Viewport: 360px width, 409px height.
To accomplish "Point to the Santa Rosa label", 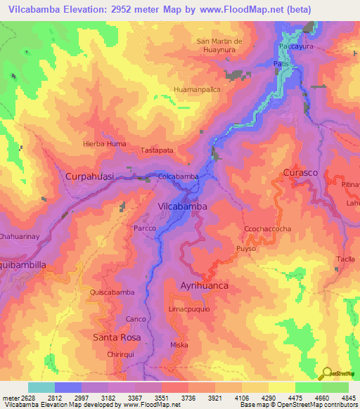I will (x=117, y=337).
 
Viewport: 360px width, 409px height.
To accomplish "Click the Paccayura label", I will (x=295, y=45).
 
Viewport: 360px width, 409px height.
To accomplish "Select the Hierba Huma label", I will (x=105, y=143).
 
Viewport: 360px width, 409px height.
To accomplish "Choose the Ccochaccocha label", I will (x=267, y=229).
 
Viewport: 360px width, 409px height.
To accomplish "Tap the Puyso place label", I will (x=245, y=249).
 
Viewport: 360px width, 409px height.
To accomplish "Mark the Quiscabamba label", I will (x=112, y=292).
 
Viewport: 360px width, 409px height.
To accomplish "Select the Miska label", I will (x=179, y=345).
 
